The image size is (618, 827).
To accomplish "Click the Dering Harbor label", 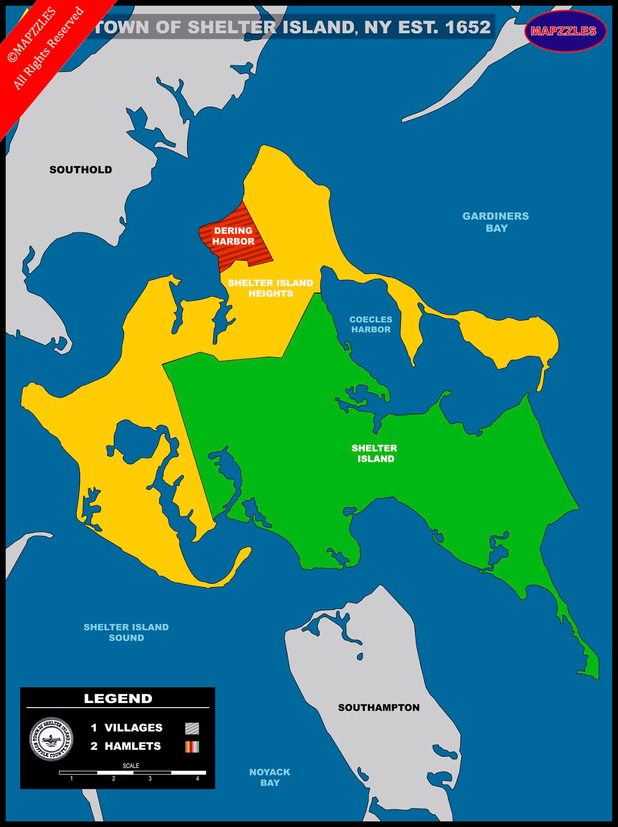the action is (x=233, y=236).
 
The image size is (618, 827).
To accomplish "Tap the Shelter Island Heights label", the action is (x=270, y=288).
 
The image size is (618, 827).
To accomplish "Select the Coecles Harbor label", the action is (x=371, y=325).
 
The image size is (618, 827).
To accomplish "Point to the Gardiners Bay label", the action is (x=495, y=222).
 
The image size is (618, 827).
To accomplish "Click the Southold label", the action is (x=81, y=170).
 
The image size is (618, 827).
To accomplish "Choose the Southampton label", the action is (x=379, y=708).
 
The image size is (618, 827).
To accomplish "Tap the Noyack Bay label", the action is (x=269, y=777).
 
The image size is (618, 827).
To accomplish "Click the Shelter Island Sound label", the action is (x=126, y=632).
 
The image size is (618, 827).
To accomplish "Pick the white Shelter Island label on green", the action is (x=374, y=453).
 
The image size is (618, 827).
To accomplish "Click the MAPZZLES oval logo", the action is (x=564, y=31).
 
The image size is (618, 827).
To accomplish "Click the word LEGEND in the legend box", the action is (x=118, y=699).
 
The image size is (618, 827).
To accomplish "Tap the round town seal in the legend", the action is (x=51, y=739).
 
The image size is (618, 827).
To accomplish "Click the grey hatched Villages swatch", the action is (x=192, y=728).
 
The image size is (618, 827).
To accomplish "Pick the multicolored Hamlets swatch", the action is (x=192, y=746).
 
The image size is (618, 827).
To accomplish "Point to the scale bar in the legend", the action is (x=132, y=773).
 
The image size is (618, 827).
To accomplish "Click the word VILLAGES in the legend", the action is (x=133, y=728).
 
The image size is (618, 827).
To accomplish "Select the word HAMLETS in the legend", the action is (x=132, y=746).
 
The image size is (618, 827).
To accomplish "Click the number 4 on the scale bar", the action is (x=197, y=778).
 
